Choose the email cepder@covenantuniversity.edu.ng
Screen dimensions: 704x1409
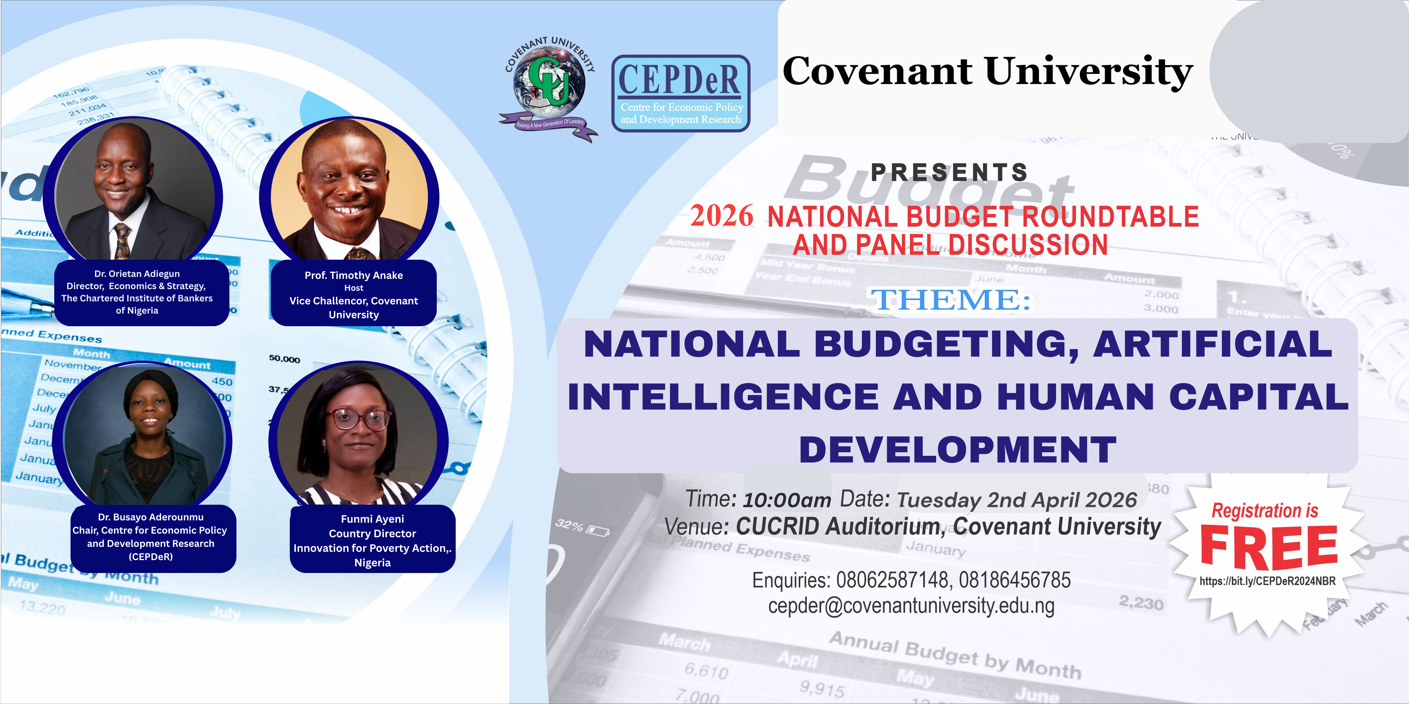pos(911,606)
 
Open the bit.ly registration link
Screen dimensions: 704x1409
pos(1267,581)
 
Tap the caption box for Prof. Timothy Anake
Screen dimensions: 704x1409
pos(353,294)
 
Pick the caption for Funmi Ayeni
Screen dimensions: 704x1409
pos(373,540)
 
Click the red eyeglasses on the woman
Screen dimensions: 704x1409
pos(359,419)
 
